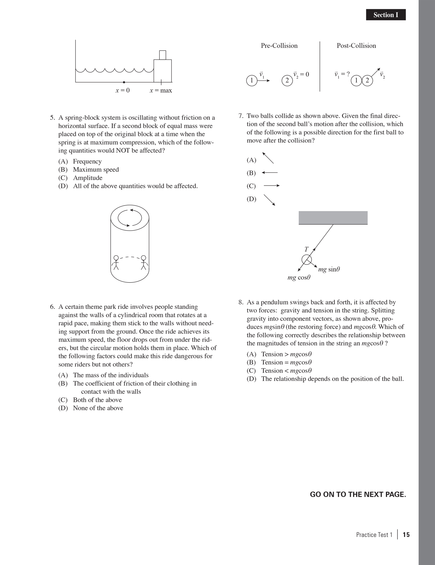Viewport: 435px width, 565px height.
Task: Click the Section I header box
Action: [386, 15]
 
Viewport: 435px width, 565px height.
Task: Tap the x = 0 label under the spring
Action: [122, 90]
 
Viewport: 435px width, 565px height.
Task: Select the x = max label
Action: [161, 90]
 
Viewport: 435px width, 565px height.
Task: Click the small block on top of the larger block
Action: [163, 55]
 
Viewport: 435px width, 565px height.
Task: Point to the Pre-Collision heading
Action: [279, 46]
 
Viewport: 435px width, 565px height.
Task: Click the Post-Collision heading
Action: [356, 46]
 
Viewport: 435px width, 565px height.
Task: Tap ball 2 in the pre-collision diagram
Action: [287, 80]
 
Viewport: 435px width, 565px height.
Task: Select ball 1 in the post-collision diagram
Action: [356, 80]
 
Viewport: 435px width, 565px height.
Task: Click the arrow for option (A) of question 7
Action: [268, 158]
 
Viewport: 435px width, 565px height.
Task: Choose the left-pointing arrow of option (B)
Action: [270, 173]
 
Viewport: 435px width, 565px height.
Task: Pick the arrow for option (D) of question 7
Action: [269, 200]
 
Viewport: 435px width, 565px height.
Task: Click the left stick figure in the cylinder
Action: [116, 263]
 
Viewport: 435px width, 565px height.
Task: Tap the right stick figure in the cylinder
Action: [143, 263]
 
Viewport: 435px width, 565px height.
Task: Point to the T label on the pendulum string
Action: [306, 249]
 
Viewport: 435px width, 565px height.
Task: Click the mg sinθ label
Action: [329, 269]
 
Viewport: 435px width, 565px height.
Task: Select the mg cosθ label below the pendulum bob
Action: [299, 278]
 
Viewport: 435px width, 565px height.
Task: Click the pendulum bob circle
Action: [307, 260]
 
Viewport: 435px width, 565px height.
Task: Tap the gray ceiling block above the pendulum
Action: [333, 218]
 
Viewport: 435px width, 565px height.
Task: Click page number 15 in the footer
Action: [406, 534]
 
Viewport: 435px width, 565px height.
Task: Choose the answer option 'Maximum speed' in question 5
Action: [96, 170]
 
